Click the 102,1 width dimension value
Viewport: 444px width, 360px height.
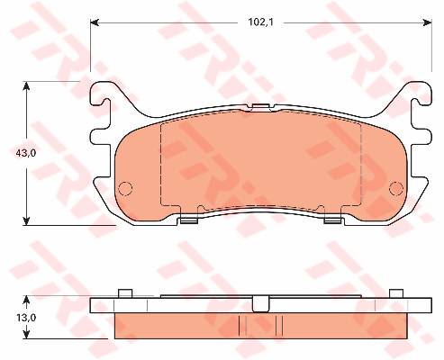click(260, 22)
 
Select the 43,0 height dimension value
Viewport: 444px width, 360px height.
click(26, 153)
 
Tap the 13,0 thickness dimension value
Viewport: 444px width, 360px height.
click(26, 318)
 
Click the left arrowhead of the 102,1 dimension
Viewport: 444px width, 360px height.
click(95, 22)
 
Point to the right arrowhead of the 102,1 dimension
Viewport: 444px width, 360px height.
click(428, 22)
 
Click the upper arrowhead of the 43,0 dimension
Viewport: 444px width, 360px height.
click(27, 85)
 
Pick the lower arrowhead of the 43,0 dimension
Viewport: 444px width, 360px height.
click(27, 220)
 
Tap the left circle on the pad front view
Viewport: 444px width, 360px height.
click(125, 188)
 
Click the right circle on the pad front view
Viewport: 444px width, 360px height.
click(396, 188)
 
